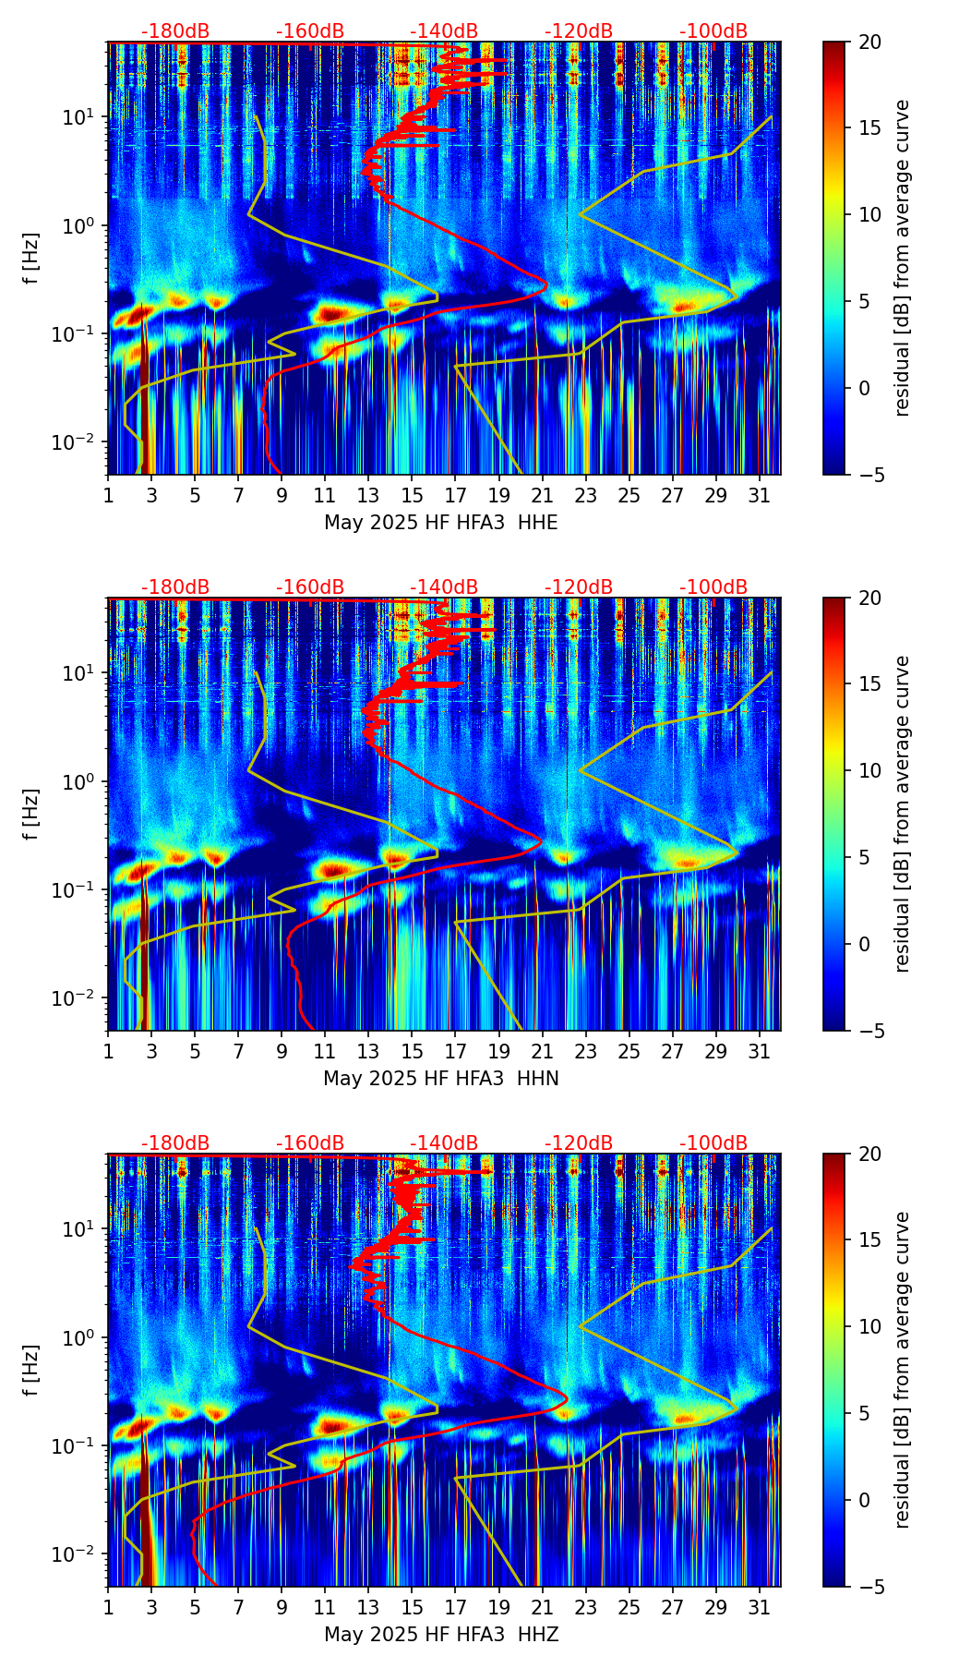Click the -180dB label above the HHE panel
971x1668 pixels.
[175, 31]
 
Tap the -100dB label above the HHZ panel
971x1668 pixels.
[713, 1143]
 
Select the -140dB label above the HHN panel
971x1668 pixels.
[444, 587]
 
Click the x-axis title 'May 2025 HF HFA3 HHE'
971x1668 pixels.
[440, 523]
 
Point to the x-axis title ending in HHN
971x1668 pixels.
[440, 1079]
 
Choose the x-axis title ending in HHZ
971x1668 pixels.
[440, 1635]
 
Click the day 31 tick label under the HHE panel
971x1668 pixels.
[759, 496]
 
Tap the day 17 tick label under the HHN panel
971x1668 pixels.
[455, 1052]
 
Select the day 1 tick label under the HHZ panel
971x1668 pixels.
[108, 1608]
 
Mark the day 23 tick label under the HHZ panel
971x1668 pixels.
[585, 1608]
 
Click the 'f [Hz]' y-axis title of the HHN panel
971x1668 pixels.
[31, 814]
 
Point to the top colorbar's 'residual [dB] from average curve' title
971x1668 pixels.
[903, 258]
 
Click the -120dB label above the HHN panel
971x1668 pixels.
[579, 587]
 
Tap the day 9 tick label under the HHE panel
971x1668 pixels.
[282, 496]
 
